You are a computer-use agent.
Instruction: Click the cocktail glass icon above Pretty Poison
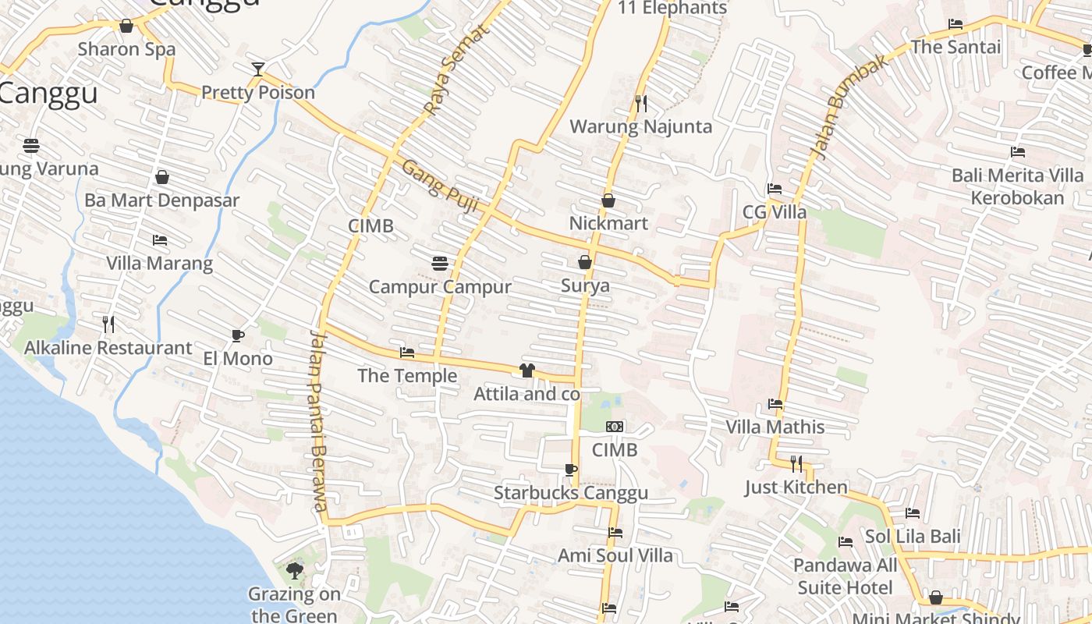click(x=258, y=69)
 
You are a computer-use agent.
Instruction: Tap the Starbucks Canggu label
click(x=571, y=493)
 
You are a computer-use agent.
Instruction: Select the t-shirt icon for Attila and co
click(x=527, y=370)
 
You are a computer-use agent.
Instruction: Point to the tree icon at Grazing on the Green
click(x=294, y=571)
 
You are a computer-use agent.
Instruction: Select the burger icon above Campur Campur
click(x=440, y=263)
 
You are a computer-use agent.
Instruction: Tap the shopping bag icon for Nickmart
click(x=608, y=200)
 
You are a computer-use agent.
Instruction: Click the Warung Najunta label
click(x=640, y=126)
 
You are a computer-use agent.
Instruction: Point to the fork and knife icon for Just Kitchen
click(x=796, y=464)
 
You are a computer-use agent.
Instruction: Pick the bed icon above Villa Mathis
click(x=775, y=404)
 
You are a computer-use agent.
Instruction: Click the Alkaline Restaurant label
click(x=108, y=348)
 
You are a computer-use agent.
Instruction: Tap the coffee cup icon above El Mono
click(x=238, y=335)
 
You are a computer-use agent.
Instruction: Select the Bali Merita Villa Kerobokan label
click(x=1017, y=186)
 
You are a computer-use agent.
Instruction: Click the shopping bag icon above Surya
click(x=585, y=262)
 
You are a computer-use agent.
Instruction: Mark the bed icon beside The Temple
click(x=406, y=353)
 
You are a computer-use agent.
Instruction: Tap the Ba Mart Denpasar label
click(x=162, y=200)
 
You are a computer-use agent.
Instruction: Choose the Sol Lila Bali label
click(x=913, y=537)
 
